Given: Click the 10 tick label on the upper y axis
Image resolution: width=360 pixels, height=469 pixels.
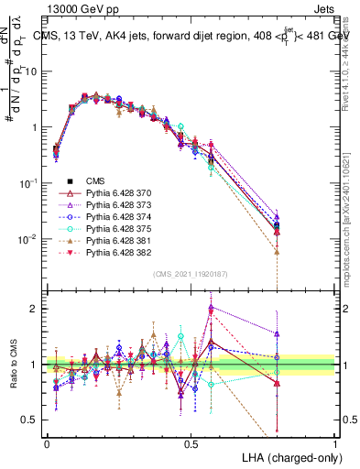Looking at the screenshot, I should (30, 71).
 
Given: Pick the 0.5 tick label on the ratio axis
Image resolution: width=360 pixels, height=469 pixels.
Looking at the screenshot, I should (30, 420).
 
